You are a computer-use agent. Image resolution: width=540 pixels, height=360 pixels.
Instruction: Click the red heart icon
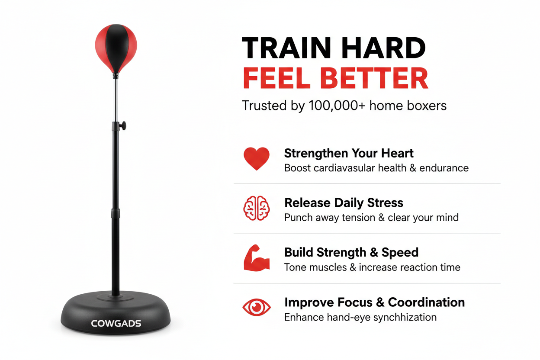[257, 158]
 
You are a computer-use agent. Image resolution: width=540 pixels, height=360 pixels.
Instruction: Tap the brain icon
[257, 208]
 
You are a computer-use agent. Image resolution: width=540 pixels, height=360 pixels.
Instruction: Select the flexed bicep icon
[257, 258]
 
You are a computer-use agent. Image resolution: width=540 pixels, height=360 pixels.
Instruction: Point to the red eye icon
[257, 307]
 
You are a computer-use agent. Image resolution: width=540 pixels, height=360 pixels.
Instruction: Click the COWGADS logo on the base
[116, 323]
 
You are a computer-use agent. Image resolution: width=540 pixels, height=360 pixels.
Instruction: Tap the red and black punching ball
[116, 48]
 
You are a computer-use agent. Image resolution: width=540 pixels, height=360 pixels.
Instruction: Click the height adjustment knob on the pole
[123, 125]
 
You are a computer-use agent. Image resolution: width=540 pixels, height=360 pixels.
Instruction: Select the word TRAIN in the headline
[286, 48]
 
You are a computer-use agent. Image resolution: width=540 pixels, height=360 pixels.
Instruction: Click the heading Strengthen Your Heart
[349, 153]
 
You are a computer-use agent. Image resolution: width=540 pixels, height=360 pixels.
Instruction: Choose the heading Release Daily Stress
[344, 203]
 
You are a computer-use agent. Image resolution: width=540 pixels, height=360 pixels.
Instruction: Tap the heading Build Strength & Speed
[351, 252]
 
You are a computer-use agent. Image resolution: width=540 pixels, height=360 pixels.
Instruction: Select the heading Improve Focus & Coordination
[375, 302]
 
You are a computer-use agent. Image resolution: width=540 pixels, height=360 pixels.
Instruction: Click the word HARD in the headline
[383, 48]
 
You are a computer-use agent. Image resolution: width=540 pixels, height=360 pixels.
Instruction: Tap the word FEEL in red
[276, 78]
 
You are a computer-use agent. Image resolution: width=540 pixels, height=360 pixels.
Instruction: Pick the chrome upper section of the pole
[116, 100]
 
